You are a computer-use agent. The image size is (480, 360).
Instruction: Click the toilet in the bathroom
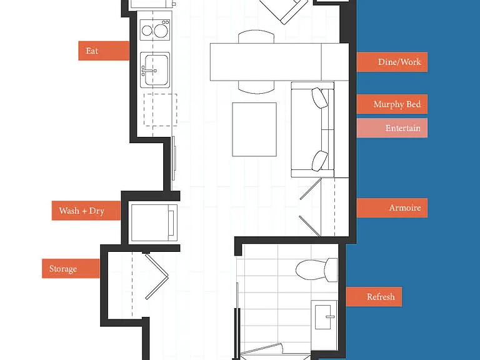click(x=317, y=270)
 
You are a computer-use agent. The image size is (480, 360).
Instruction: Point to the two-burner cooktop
click(x=155, y=30)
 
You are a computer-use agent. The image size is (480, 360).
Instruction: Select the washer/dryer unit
click(x=154, y=222)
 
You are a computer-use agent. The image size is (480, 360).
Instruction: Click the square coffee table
click(x=254, y=129)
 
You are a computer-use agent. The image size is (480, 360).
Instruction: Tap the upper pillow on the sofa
click(x=320, y=98)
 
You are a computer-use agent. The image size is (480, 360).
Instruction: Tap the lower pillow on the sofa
click(x=320, y=161)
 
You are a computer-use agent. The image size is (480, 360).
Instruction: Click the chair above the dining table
click(x=256, y=36)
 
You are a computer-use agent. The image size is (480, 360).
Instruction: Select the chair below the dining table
click(x=256, y=87)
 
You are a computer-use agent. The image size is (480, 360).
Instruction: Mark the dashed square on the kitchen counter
click(x=161, y=110)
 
